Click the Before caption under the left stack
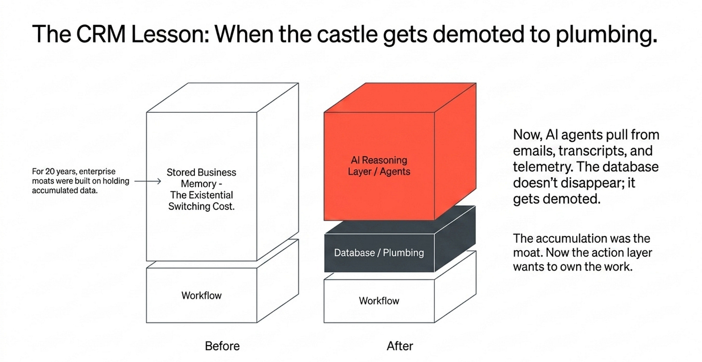(222, 346)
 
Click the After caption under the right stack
(400, 346)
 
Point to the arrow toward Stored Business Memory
(148, 181)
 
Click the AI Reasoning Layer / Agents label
(379, 166)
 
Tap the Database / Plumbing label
(379, 253)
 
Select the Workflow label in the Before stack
(202, 295)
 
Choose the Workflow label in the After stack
(379, 301)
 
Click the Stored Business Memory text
(202, 178)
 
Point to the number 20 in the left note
(50, 172)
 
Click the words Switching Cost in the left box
(201, 206)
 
